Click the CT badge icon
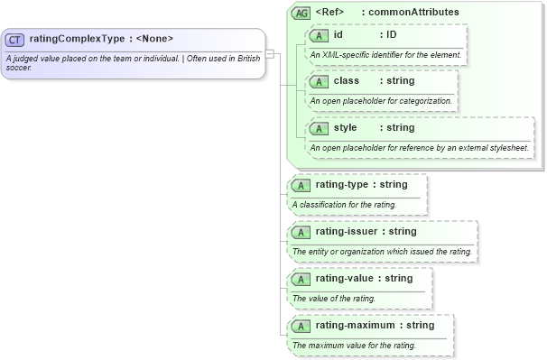(14, 39)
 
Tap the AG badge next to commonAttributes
(301, 14)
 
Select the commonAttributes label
(420, 13)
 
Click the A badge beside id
(318, 35)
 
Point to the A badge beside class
(318, 81)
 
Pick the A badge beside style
(318, 128)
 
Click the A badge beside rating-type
(300, 186)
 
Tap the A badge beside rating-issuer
(300, 233)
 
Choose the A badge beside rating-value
(300, 279)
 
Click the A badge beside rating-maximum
(300, 326)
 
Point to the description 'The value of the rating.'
(334, 298)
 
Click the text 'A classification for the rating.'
(344, 205)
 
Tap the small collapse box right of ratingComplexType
(269, 53)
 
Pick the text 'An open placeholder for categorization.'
(379, 100)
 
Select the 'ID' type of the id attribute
(392, 34)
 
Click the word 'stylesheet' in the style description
(506, 147)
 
